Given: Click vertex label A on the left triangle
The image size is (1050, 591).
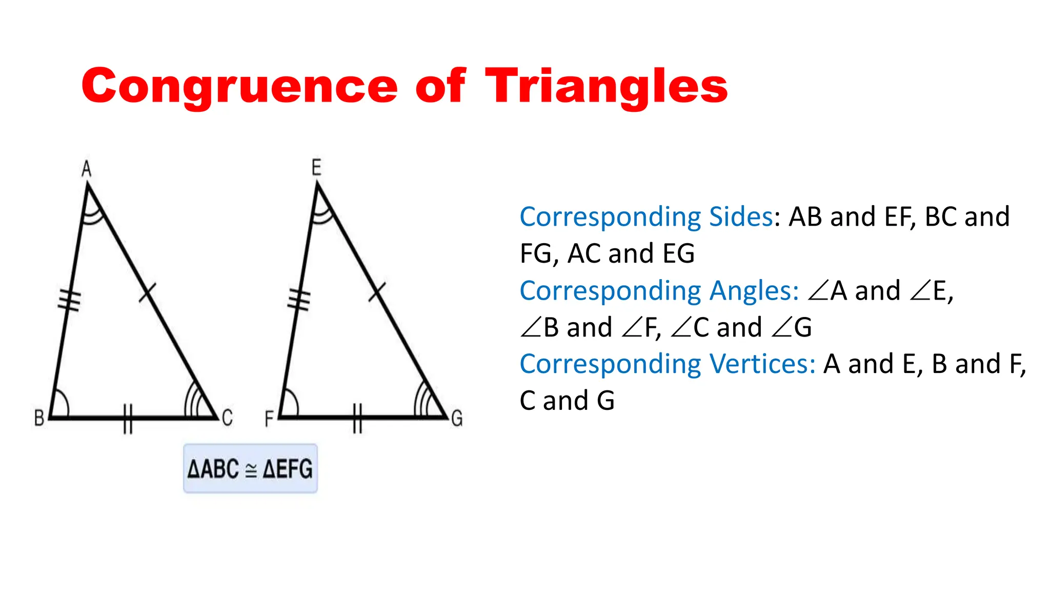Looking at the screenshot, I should (87, 169).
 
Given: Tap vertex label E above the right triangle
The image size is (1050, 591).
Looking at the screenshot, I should (316, 168).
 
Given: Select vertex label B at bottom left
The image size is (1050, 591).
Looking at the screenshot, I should (39, 418).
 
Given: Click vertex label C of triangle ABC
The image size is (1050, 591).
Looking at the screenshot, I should (227, 418).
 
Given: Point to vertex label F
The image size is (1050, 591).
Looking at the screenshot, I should (269, 419).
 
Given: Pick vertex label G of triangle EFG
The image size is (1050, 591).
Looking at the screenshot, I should (457, 418).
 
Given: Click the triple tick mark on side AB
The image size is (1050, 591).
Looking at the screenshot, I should (69, 300).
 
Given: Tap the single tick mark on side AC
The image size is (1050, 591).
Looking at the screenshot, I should (147, 292).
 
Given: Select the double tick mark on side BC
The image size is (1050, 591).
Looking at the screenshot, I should (128, 419).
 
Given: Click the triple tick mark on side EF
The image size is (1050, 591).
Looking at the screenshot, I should (299, 300).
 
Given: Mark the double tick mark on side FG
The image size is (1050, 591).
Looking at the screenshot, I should (357, 419).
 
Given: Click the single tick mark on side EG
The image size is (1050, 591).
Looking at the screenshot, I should (377, 292).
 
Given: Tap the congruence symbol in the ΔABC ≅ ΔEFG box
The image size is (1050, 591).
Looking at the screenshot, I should (251, 470).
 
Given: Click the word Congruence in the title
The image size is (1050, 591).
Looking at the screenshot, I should (239, 86).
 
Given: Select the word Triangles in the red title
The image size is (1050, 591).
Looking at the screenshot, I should (606, 86).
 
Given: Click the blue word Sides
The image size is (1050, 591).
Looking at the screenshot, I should (740, 217).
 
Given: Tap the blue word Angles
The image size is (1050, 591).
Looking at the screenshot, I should (754, 291).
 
